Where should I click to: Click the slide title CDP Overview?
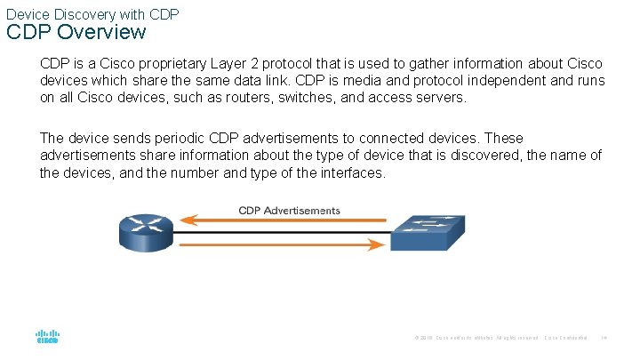click(x=76, y=33)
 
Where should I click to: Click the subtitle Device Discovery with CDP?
click(x=92, y=13)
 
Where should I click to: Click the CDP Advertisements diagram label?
click(x=289, y=211)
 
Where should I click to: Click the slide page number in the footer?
click(x=604, y=338)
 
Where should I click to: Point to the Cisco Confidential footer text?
click(x=565, y=338)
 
